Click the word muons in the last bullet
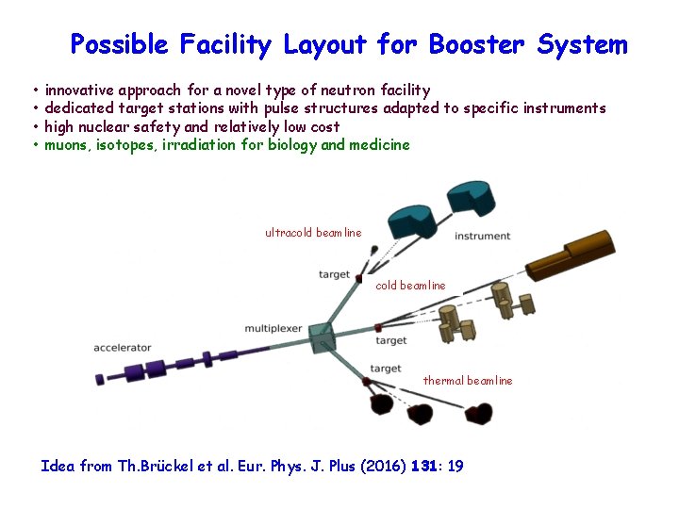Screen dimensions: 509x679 pos(66,145)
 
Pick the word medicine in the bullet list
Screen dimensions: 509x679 pos(378,145)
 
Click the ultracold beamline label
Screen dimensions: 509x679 pos(313,233)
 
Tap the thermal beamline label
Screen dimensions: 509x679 pos(468,381)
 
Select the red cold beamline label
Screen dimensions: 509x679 pos(410,286)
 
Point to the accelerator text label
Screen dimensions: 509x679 pos(122,349)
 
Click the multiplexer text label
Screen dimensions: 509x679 pos(274,329)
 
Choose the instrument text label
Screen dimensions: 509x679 pos(482,236)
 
